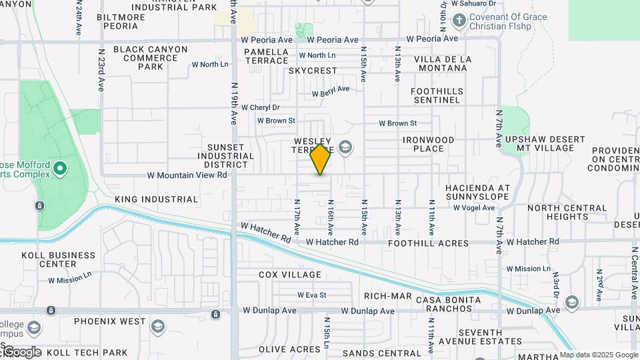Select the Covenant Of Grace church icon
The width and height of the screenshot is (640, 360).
pos(459,21)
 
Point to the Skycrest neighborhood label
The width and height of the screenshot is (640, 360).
pos(313,71)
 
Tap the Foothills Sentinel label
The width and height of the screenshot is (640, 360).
pos(435,95)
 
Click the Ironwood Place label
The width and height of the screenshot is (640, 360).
pos(429,144)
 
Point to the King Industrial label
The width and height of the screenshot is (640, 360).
pos(157,199)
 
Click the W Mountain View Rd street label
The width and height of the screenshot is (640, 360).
pos(187,175)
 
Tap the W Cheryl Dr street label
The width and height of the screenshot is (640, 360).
pos(260,107)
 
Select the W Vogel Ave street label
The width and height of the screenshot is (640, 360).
pos(474,208)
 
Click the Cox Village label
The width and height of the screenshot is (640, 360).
pos(290,275)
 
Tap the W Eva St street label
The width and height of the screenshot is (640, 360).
pos(312,295)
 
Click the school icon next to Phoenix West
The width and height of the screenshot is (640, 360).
pos(158,326)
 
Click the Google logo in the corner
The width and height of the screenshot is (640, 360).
pos(23,352)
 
